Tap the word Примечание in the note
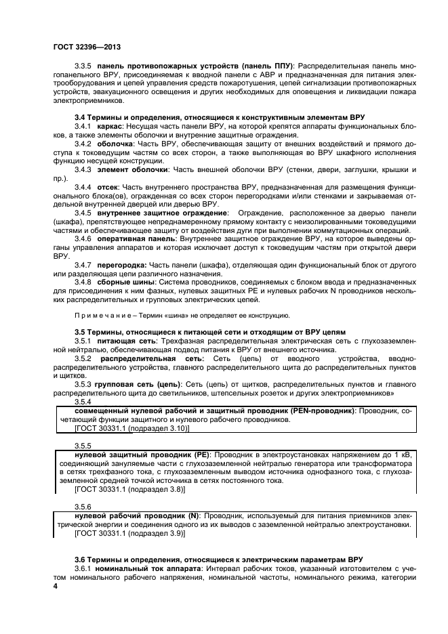click(x=100, y=316)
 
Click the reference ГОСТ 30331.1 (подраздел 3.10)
click(x=124, y=428)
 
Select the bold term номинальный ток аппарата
click(x=144, y=569)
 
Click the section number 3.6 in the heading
click(x=79, y=560)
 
